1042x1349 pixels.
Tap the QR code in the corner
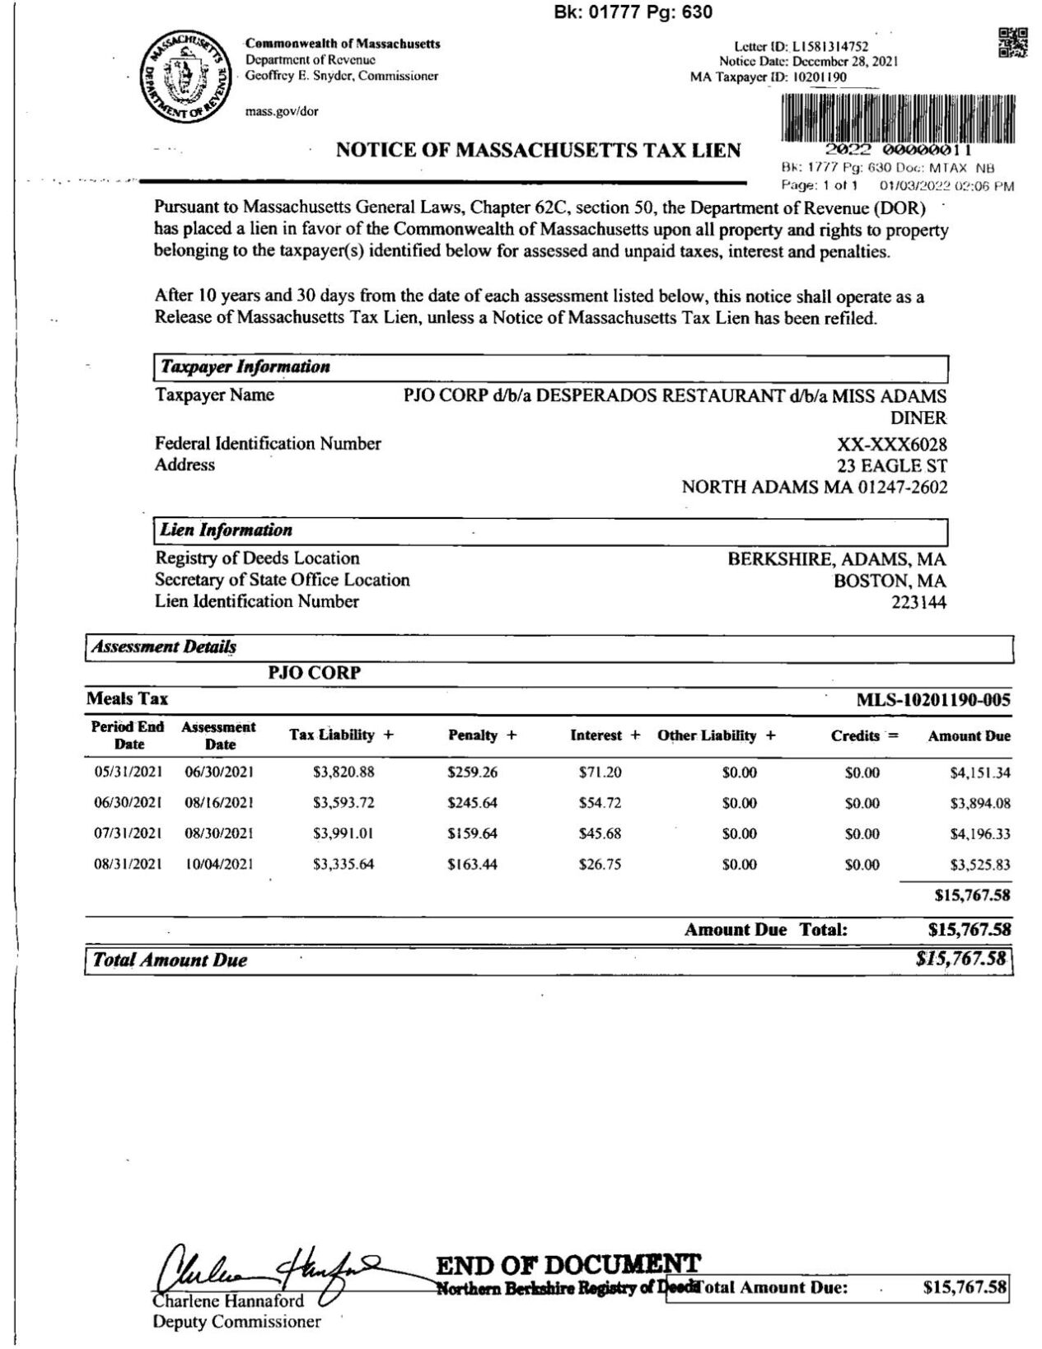[x=1012, y=43]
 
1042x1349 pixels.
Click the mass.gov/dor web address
[x=282, y=112]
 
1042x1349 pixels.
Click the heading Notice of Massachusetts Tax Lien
[x=538, y=151]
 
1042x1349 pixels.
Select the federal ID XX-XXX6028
[x=891, y=445]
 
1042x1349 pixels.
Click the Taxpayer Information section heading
[x=245, y=367]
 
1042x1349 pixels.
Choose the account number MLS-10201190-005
[x=932, y=701]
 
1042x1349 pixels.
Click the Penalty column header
[x=481, y=735]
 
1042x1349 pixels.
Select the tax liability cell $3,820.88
[x=343, y=773]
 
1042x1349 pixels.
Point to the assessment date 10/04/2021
[x=219, y=865]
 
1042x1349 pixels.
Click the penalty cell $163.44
[x=472, y=865]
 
